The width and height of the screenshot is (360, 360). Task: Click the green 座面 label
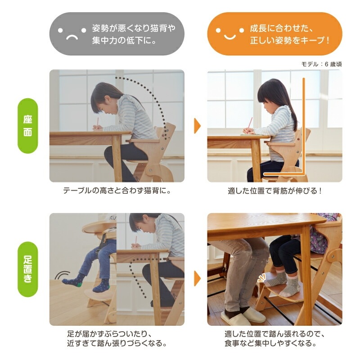[28, 126]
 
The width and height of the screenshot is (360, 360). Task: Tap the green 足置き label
[28, 269]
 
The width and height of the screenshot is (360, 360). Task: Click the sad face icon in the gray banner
[72, 34]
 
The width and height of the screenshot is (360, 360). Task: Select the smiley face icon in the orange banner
[229, 34]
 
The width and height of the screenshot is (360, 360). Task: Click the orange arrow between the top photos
[197, 126]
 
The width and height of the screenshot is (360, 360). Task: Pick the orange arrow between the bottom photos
[197, 278]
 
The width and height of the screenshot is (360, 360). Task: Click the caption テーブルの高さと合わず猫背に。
[117, 191]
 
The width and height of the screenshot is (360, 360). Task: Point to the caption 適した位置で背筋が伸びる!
[275, 191]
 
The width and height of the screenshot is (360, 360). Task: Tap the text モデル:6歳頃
[321, 64]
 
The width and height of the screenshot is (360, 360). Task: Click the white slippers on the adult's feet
[243, 317]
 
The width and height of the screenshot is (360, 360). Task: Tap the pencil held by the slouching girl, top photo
[97, 123]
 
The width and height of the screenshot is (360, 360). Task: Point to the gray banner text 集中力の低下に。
[125, 41]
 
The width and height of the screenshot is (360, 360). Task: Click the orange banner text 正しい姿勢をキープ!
[290, 41]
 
